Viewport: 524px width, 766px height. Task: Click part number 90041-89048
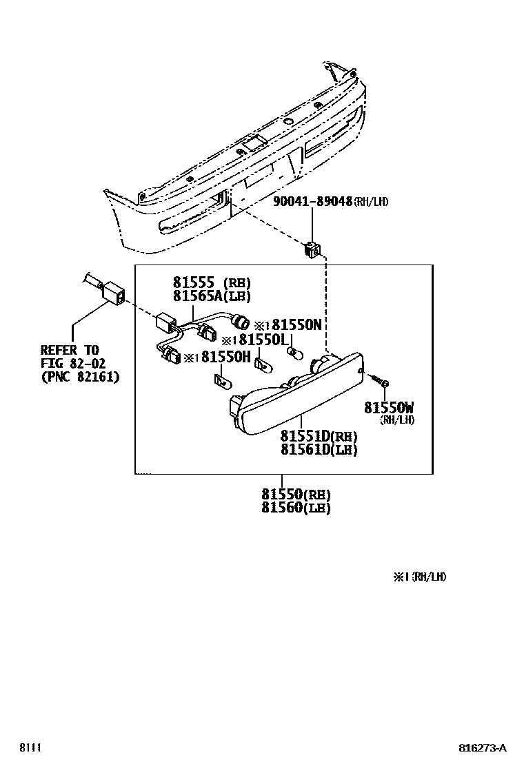pyautogui.click(x=312, y=202)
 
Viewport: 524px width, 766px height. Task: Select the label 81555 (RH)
pyautogui.click(x=212, y=282)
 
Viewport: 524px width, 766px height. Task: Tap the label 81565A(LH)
pyautogui.click(x=212, y=296)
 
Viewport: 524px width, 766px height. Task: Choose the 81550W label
pyautogui.click(x=389, y=408)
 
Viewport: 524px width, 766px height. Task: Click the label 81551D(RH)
pyautogui.click(x=319, y=437)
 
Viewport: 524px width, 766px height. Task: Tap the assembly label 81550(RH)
pyautogui.click(x=296, y=495)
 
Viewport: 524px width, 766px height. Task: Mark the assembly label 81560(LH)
pyautogui.click(x=296, y=508)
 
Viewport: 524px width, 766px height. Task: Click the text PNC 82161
pyautogui.click(x=80, y=377)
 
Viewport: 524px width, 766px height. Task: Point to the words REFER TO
pyautogui.click(x=70, y=351)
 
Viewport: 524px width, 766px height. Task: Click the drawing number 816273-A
pyautogui.click(x=483, y=748)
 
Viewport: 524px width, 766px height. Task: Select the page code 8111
pyautogui.click(x=30, y=748)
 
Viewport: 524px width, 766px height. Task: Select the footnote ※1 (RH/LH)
pyautogui.click(x=420, y=577)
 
